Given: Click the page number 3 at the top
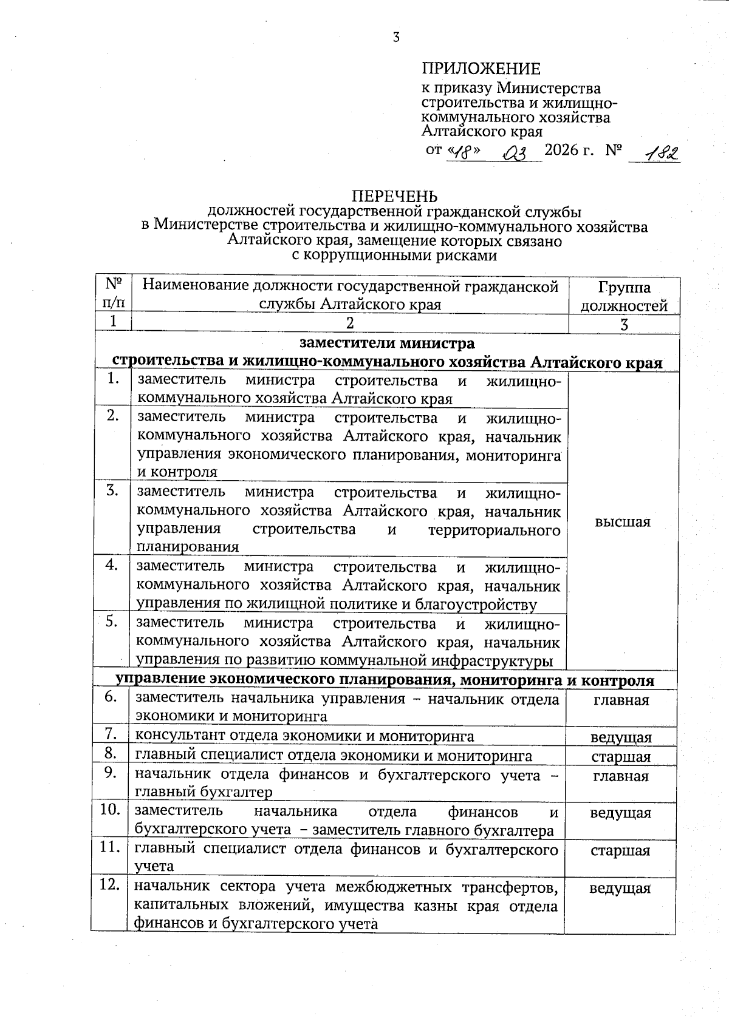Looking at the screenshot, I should (395, 38).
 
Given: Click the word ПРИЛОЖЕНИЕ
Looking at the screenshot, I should (481, 69).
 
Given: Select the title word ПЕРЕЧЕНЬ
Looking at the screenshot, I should (395, 197).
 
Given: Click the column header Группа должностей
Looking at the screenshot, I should (623, 296).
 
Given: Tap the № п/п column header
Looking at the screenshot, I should (113, 294).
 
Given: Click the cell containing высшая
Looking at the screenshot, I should (623, 522).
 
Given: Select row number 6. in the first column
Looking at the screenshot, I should (111, 697).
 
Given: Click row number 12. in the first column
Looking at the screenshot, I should (109, 886).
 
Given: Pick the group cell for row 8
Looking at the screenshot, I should (621, 757).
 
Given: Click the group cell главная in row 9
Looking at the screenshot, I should (621, 776).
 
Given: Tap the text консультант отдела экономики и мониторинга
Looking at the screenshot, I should (304, 736).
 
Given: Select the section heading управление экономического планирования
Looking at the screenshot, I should (385, 680).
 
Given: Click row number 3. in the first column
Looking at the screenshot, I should (112, 490).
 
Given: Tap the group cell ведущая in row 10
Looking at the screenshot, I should (621, 813).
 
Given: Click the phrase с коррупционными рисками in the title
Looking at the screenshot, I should (394, 256).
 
